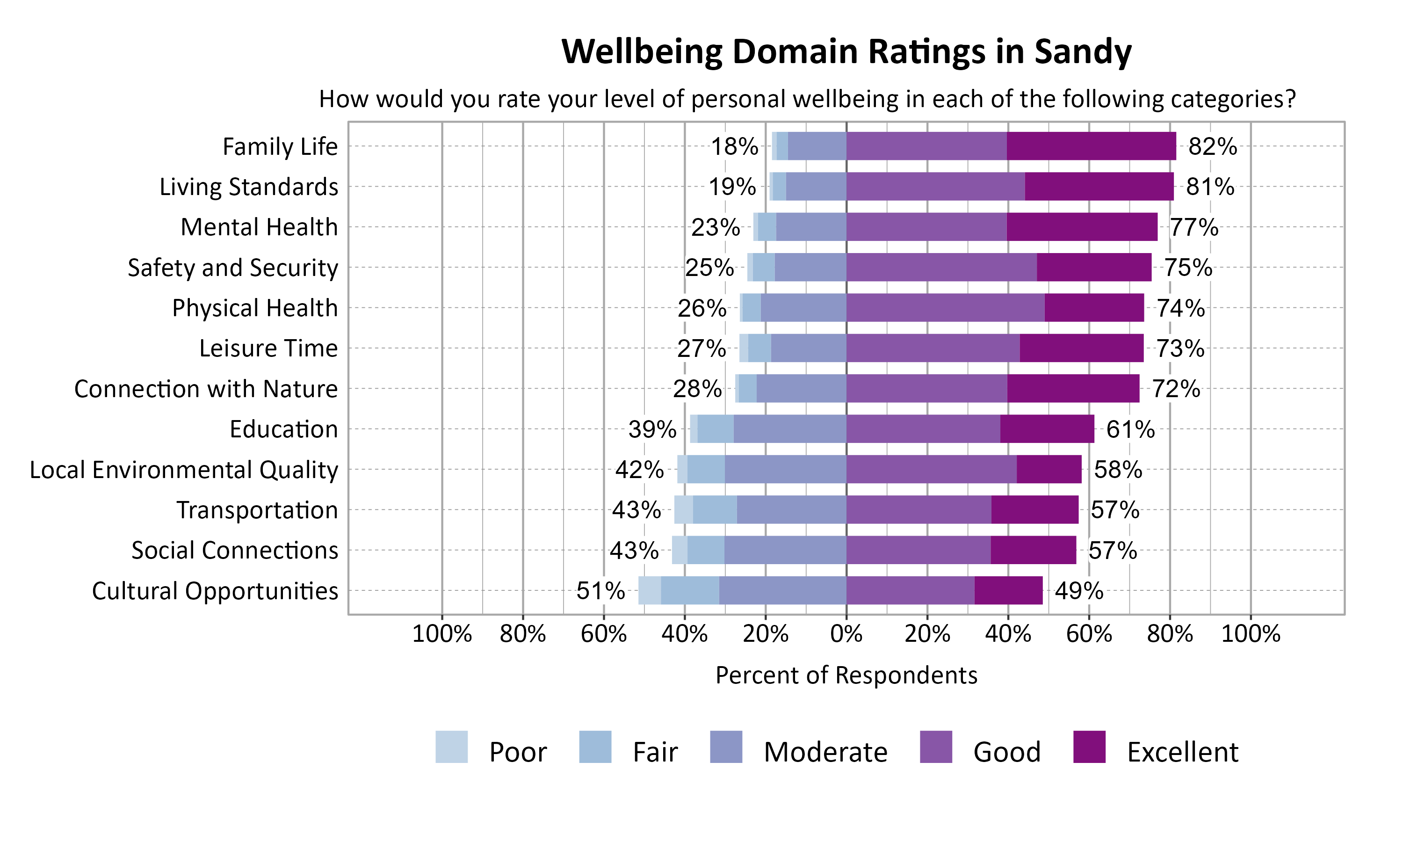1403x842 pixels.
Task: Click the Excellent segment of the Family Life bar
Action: pyautogui.click(x=1091, y=146)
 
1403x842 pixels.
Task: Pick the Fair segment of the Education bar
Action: pyautogui.click(x=715, y=429)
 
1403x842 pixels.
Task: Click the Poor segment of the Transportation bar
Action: pyautogui.click(x=683, y=509)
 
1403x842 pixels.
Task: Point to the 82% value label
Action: pyautogui.click(x=1213, y=146)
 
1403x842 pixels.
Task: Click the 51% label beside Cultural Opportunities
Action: pyautogui.click(x=600, y=591)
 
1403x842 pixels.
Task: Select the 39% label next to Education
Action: pyautogui.click(x=652, y=429)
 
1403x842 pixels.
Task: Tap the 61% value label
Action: pyautogui.click(x=1130, y=429)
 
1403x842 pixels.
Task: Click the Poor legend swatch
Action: pyautogui.click(x=451, y=747)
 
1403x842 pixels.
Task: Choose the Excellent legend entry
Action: pyautogui.click(x=1182, y=752)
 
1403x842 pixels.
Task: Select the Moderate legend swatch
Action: pyautogui.click(x=726, y=747)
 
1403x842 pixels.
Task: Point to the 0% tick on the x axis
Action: pyautogui.click(x=846, y=634)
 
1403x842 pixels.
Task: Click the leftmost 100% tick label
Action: pyautogui.click(x=442, y=634)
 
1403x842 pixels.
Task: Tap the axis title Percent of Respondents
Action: pyautogui.click(x=846, y=675)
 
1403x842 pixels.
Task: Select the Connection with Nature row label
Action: pyautogui.click(x=206, y=389)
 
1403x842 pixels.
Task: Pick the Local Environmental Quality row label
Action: pyautogui.click(x=184, y=470)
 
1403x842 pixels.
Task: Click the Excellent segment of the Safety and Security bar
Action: pyautogui.click(x=1094, y=267)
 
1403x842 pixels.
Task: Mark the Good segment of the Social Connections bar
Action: pyautogui.click(x=918, y=550)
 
